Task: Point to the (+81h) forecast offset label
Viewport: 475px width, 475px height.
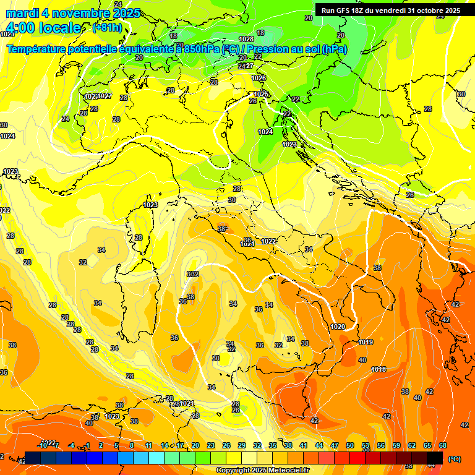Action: pyautogui.click(x=107, y=28)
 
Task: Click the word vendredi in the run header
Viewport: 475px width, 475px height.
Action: pyautogui.click(x=389, y=11)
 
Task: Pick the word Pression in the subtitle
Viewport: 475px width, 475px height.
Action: pyautogui.click(x=266, y=49)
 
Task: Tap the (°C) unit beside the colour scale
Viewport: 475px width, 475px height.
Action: pyautogui.click(x=454, y=459)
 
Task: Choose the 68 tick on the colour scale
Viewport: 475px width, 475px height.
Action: pyautogui.click(x=443, y=445)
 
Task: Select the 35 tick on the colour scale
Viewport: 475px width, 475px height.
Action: pyautogui.click(x=273, y=445)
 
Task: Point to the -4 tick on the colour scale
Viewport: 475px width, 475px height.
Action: pyautogui.click(x=72, y=445)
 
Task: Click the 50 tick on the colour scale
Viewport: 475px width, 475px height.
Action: pyautogui.click(x=350, y=445)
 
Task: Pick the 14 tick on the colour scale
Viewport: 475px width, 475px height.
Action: pyautogui.click(x=165, y=445)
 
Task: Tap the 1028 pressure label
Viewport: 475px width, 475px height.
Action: pyautogui.click(x=246, y=39)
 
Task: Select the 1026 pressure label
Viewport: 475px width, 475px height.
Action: pyautogui.click(x=259, y=78)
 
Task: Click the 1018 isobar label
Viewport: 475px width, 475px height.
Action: pyautogui.click(x=379, y=370)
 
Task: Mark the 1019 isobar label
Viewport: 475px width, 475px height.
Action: pyautogui.click(x=366, y=342)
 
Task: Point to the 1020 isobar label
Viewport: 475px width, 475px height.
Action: pyautogui.click(x=338, y=327)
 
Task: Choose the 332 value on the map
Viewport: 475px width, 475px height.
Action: pyautogui.click(x=193, y=274)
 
